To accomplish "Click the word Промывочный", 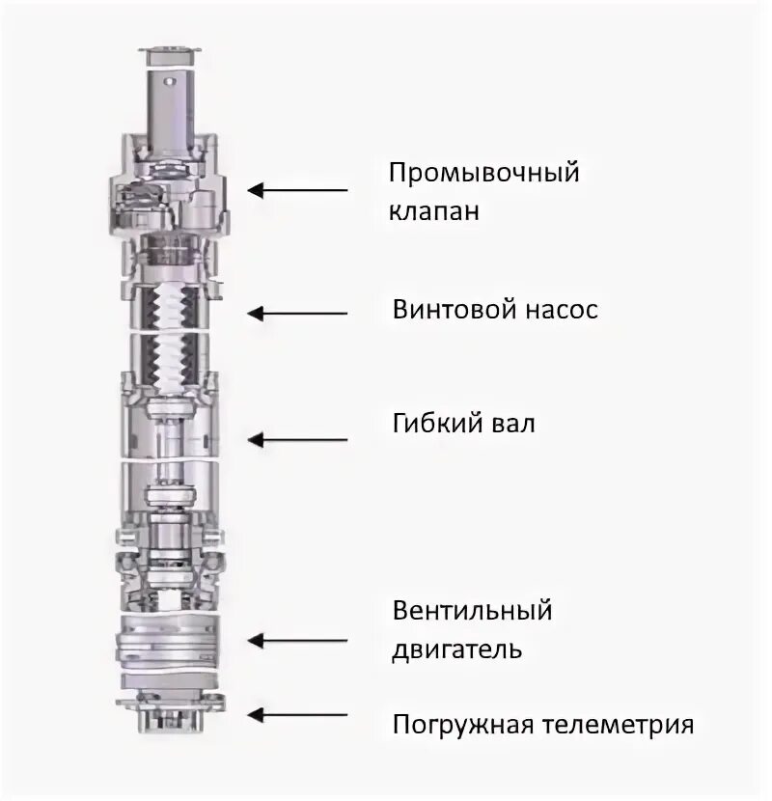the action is coord(484,175).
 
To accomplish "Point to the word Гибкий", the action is coord(433,424).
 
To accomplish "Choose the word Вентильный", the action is coord(472,611).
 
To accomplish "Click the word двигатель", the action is coord(456,648).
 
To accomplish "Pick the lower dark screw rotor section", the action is coord(175,362).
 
